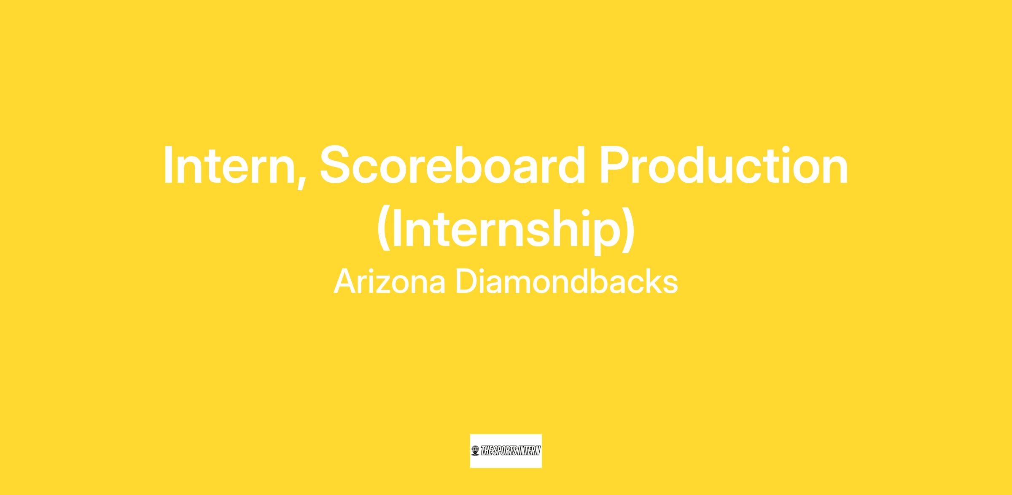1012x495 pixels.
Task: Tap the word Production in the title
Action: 724,165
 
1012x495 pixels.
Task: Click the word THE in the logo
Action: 487,451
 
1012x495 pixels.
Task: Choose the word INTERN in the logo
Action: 530,451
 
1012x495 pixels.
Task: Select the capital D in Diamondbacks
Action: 466,281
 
